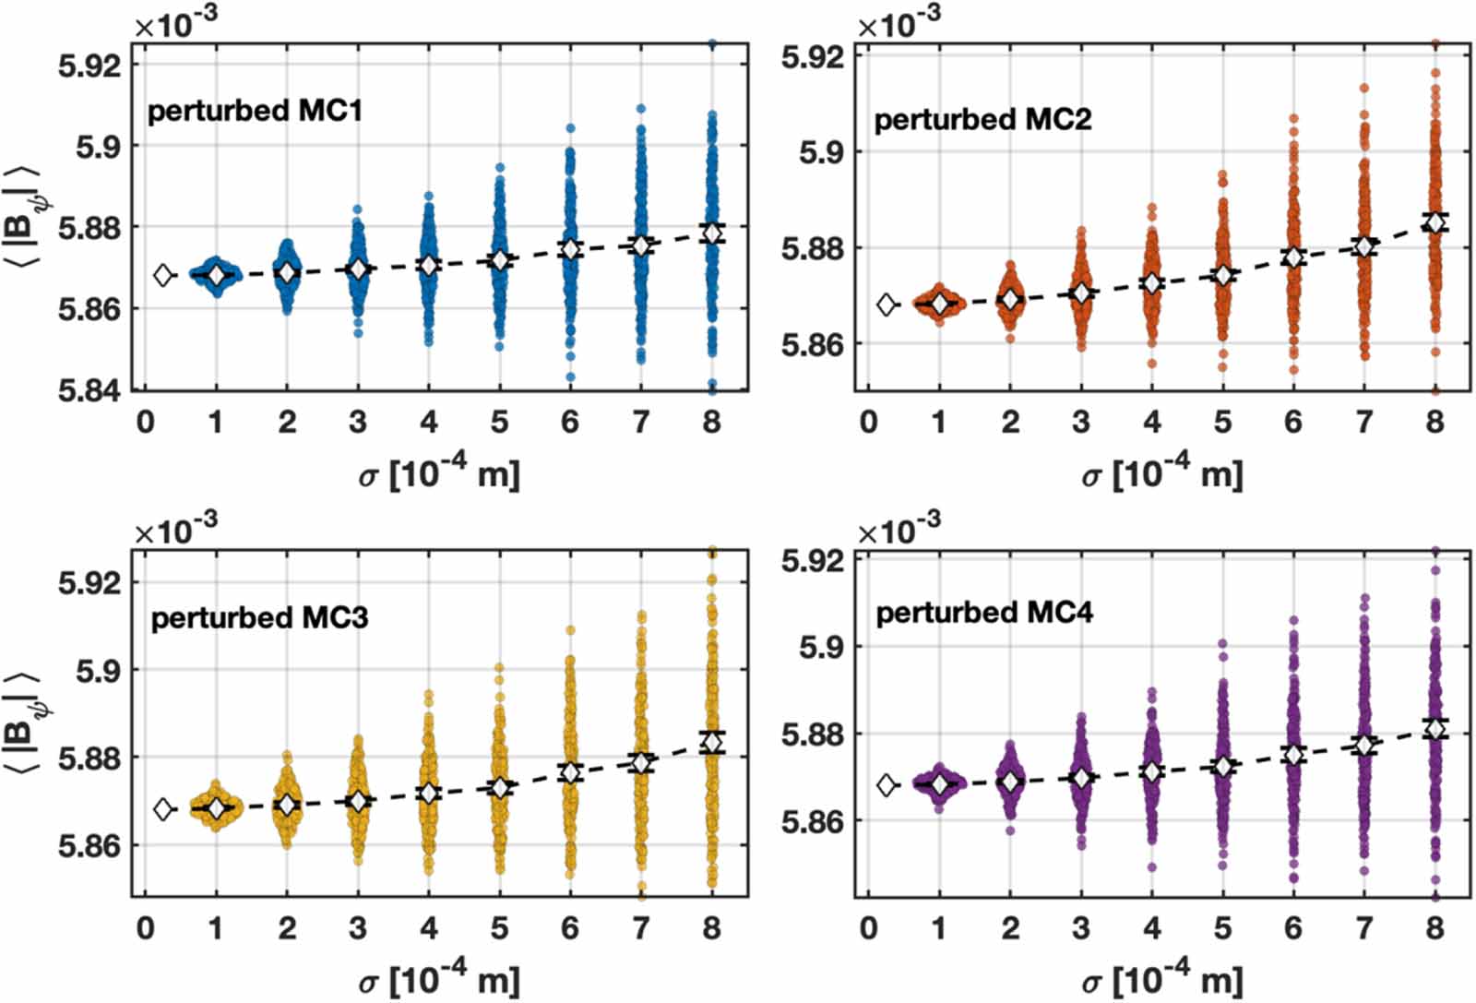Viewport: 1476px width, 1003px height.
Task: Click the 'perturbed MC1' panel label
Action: [x=255, y=111]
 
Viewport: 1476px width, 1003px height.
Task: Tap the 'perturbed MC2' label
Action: [x=982, y=120]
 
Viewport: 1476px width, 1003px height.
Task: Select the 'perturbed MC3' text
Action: [x=259, y=617]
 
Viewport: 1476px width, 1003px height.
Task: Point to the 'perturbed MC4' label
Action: [x=983, y=613]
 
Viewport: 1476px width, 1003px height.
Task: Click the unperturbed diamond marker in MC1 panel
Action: [x=163, y=275]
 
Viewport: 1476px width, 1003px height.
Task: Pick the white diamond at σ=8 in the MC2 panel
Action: [x=1434, y=222]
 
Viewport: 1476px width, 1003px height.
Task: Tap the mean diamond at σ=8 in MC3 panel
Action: [x=711, y=742]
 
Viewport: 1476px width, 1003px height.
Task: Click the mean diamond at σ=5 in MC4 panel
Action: [x=1222, y=767]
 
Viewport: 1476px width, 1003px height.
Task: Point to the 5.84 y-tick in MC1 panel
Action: [x=89, y=389]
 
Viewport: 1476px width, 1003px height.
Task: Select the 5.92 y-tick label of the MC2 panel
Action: [x=813, y=56]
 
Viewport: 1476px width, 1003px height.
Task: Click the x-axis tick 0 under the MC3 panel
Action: [x=146, y=927]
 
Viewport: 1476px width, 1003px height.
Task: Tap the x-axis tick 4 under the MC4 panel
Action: [x=1151, y=927]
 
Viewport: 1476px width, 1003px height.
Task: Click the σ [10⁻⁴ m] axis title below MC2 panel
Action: [x=1162, y=473]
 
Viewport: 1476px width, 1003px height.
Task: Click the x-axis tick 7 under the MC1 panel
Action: [x=640, y=422]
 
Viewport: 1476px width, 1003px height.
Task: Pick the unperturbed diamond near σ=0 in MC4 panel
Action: [x=887, y=785]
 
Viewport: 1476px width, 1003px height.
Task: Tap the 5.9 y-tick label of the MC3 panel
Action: [x=97, y=671]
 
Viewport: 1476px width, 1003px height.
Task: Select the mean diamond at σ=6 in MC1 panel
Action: [x=570, y=249]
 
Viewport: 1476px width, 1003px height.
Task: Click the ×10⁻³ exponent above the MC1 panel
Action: [x=176, y=26]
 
